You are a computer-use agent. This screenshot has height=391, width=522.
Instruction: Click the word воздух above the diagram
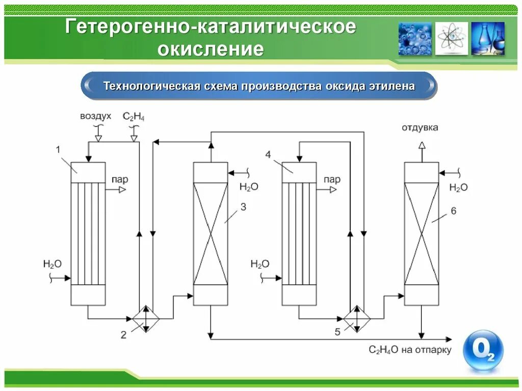(x=95, y=117)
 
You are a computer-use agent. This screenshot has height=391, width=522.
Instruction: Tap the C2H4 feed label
(x=134, y=117)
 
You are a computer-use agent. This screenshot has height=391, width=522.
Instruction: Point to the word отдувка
(x=420, y=127)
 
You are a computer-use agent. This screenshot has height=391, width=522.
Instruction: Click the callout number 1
(x=58, y=149)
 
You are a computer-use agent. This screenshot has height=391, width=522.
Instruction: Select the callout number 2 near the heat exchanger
(x=123, y=334)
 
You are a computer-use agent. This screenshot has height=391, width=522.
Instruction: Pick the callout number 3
(x=243, y=206)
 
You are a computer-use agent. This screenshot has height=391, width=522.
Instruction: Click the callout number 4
(x=268, y=154)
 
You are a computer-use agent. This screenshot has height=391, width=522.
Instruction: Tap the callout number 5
(x=337, y=332)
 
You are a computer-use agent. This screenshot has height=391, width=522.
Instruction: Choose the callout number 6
(x=453, y=211)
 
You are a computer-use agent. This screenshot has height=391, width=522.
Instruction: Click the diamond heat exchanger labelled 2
(x=146, y=319)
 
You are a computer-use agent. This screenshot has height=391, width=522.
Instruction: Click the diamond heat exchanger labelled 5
(x=357, y=319)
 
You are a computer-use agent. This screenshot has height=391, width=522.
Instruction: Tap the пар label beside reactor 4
(x=332, y=179)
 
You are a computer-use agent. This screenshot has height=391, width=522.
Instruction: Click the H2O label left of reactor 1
(x=53, y=264)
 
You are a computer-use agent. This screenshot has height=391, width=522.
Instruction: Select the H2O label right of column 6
(x=458, y=188)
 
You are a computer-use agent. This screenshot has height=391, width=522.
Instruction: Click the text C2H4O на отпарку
(x=410, y=350)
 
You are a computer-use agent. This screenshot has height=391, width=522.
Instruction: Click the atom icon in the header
(x=451, y=39)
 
